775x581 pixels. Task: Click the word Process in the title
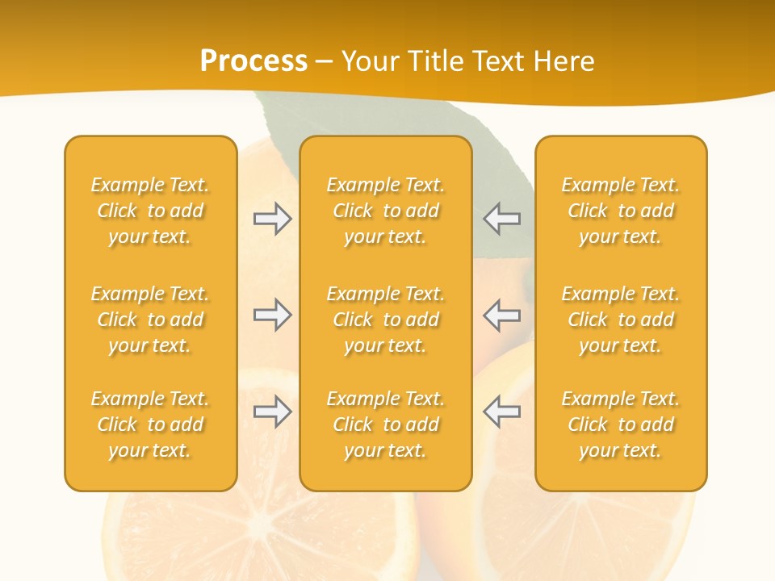pos(253,61)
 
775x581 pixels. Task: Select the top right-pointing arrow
pos(272,219)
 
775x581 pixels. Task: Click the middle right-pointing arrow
pos(272,315)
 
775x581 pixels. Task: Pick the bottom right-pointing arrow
pos(272,412)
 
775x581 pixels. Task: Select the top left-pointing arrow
pos(502,219)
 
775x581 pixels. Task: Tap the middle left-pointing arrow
pos(502,315)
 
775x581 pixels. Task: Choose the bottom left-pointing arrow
pos(502,412)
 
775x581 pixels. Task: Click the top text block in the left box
pos(150,211)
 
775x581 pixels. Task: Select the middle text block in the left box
pos(150,320)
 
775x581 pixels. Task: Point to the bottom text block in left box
pos(150,424)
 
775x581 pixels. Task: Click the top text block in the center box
pos(385,211)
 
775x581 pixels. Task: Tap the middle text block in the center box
pos(385,320)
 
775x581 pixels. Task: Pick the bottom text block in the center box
pos(385,424)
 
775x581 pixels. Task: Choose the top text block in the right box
pos(620,211)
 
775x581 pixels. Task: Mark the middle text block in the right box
pos(620,320)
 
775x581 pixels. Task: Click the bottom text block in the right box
pos(620,424)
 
